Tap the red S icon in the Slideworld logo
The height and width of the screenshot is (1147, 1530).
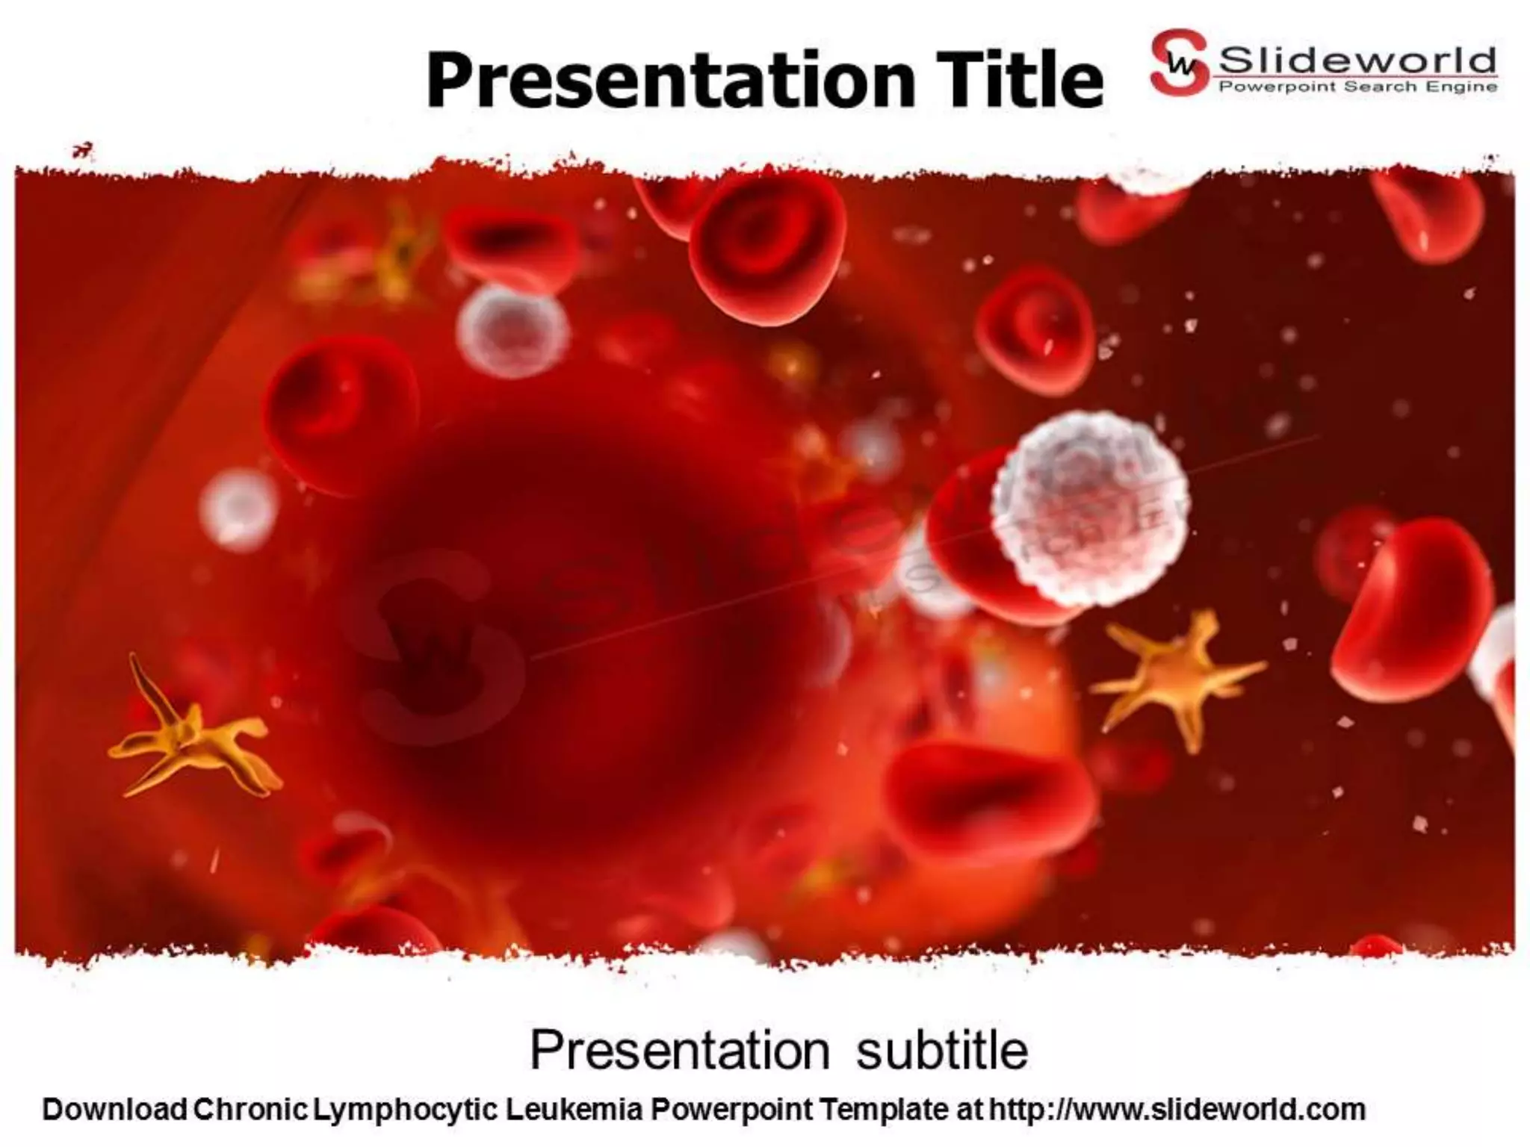1179,63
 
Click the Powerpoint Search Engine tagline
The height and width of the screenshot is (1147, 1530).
1357,87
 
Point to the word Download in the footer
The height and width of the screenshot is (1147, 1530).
114,1110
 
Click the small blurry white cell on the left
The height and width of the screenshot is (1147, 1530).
238,508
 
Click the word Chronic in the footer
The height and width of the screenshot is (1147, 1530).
250,1110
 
